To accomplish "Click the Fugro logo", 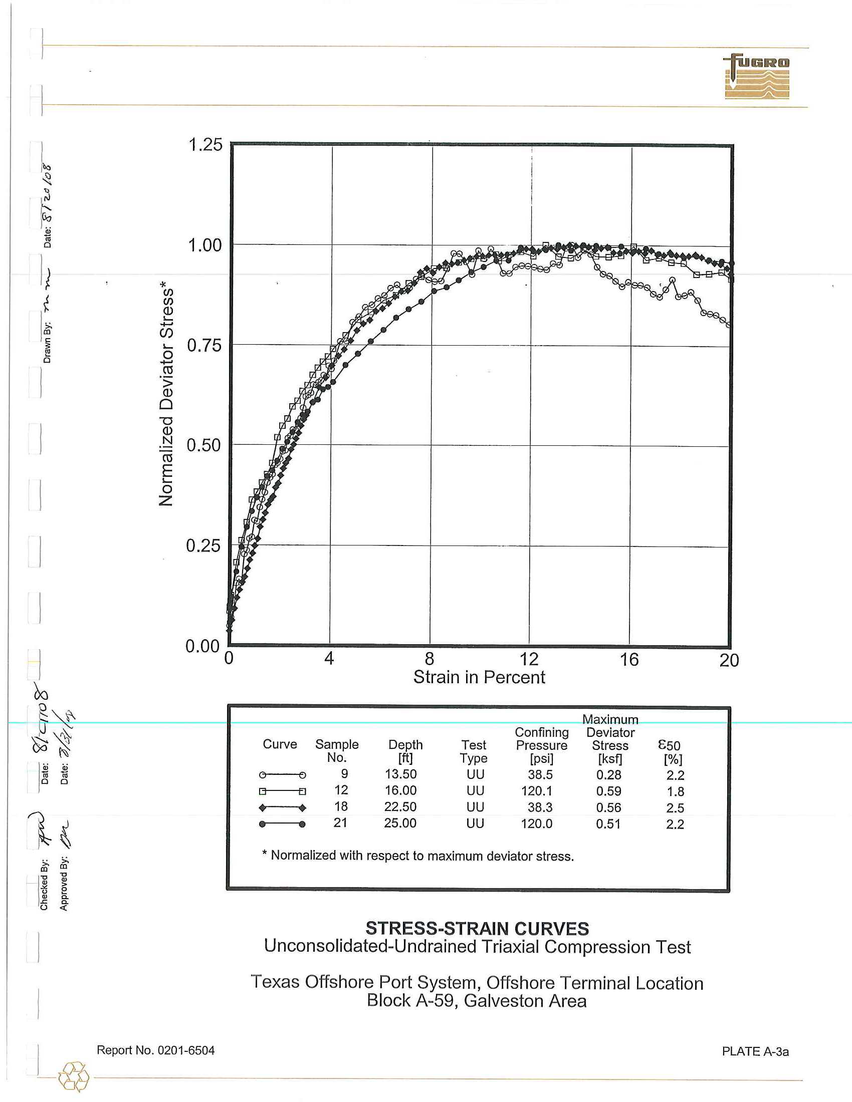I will [757, 76].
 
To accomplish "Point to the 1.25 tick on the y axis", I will [205, 145].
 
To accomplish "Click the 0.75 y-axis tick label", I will [204, 346].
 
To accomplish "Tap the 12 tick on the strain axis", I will [529, 659].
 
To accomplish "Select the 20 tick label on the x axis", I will [729, 660].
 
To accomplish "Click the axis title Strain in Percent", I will [479, 677].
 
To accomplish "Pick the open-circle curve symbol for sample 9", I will [282, 775].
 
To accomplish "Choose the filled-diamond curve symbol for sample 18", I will [282, 808].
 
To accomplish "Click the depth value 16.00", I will [400, 790].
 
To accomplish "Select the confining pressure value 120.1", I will [538, 790].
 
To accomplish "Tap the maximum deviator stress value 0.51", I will [608, 824].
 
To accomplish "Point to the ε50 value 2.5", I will [675, 808].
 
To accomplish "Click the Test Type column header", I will [474, 751].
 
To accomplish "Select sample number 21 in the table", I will [341, 823].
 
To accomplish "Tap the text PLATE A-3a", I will [755, 1051].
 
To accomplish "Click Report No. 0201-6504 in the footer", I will [155, 1050].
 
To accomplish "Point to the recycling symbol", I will [74, 1077].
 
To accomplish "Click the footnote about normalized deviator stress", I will [418, 856].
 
